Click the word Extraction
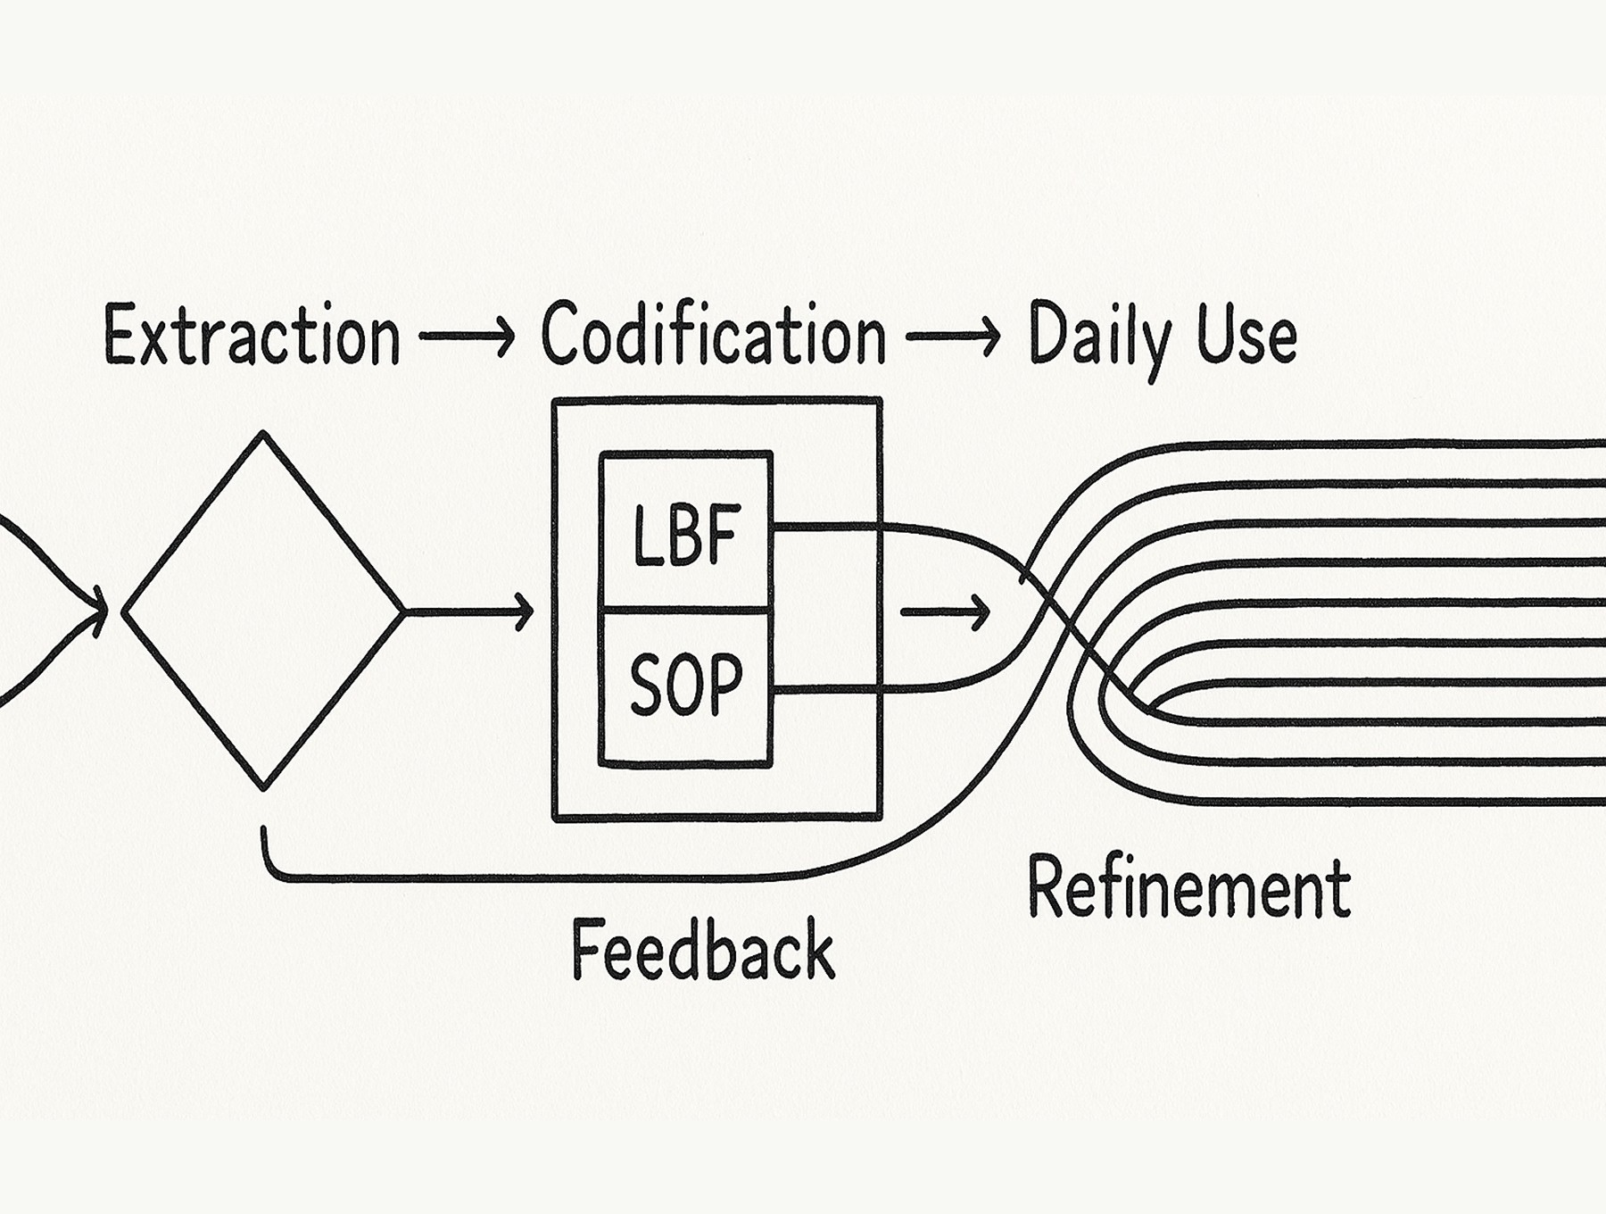tap(252, 336)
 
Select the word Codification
tap(713, 336)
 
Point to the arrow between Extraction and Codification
tap(467, 337)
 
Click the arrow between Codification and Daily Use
tap(952, 337)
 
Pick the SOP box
tap(685, 686)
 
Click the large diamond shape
tap(263, 611)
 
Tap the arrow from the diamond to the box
tap(468, 611)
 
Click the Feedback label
tap(702, 949)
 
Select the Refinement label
tap(1188, 887)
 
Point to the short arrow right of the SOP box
tap(946, 612)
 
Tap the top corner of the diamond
tap(263, 437)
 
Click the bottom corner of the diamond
tap(263, 786)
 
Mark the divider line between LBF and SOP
tap(685, 611)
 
